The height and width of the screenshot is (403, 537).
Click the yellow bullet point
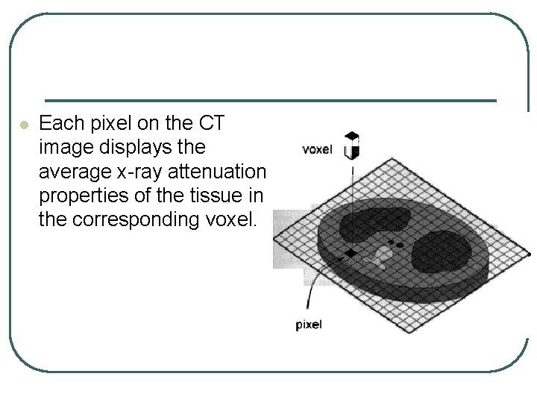click(x=23, y=125)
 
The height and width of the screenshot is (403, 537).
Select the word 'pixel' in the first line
click(x=94, y=123)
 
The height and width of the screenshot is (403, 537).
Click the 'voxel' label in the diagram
click(x=317, y=149)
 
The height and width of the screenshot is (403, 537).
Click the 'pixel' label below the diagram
click(x=309, y=324)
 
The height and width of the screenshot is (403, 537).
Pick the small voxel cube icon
click(x=351, y=146)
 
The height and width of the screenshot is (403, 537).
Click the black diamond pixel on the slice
click(x=351, y=254)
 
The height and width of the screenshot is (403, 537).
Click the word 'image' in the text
click(x=63, y=148)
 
